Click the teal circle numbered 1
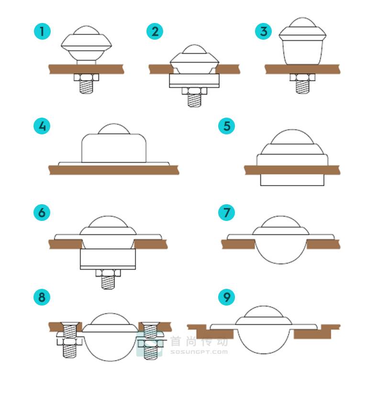42,32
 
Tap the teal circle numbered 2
155,32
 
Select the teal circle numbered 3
264,32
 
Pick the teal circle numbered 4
42,126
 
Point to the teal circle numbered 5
226,126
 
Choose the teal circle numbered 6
42,213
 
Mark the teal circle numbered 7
226,213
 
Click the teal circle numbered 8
42,297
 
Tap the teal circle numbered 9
226,297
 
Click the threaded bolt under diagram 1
86,87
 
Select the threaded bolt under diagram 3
302,87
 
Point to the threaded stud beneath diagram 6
108,283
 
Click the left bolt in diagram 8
70,340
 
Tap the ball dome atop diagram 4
114,129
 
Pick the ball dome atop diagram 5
292,136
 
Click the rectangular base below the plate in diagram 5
292,180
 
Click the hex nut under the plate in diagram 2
194,91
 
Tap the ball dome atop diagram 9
264,312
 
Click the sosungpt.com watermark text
199,352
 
